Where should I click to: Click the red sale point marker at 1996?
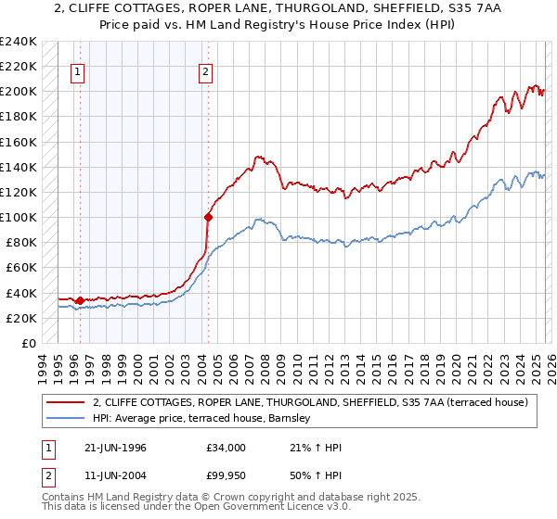coord(80,300)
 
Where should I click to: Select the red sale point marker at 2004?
coord(208,218)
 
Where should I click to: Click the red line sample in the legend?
coord(65,402)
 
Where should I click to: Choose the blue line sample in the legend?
coord(65,419)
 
